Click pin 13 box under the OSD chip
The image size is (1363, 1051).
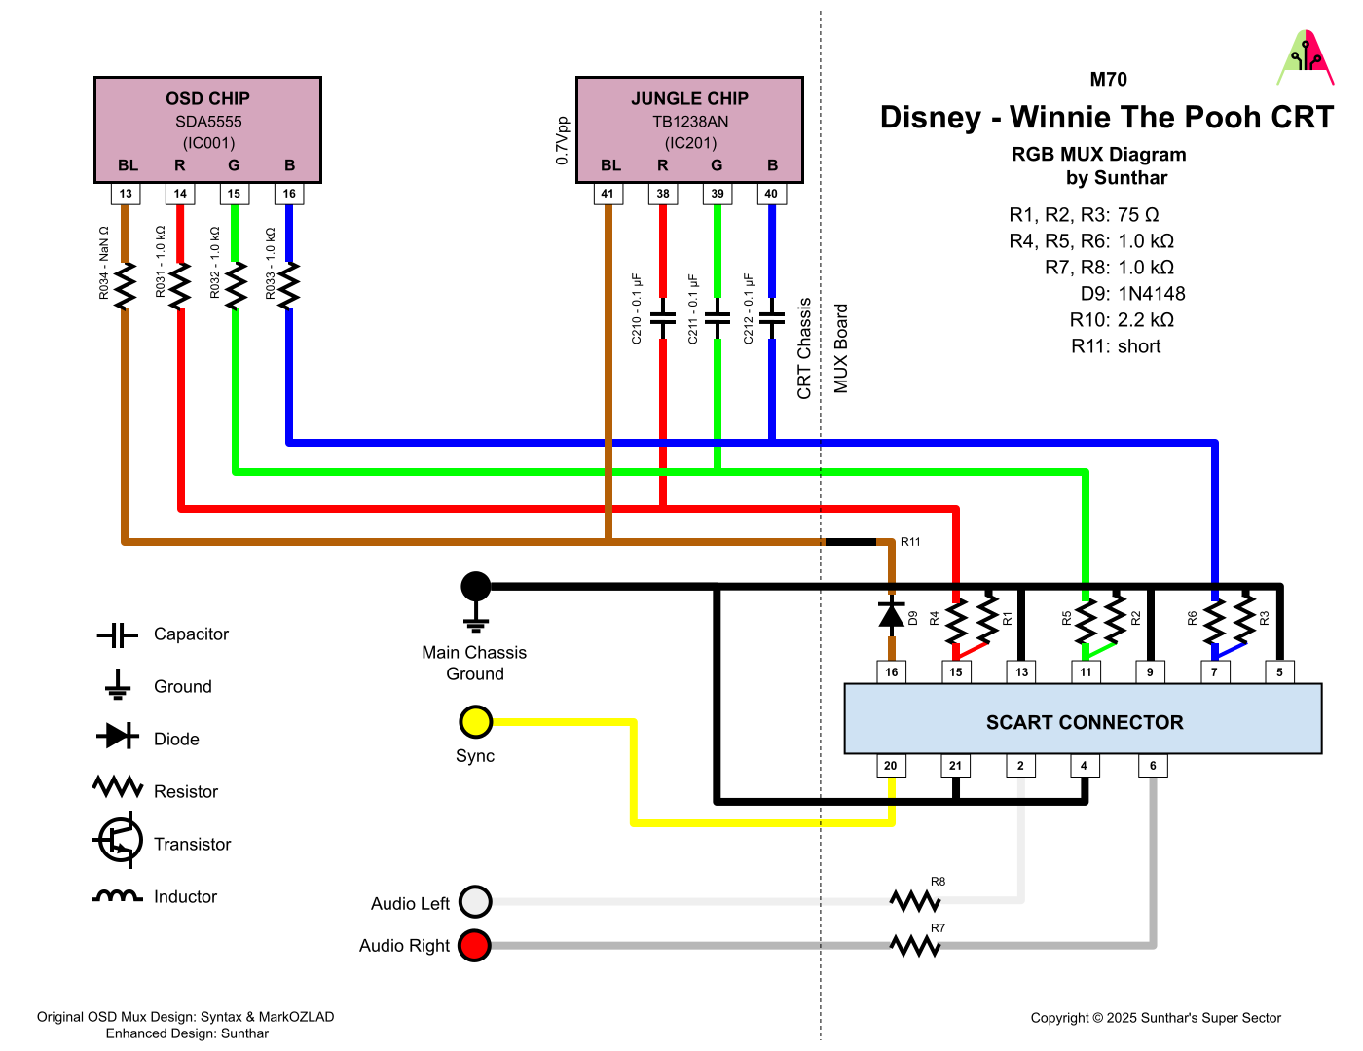point(126,194)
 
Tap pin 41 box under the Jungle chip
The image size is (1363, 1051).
point(608,194)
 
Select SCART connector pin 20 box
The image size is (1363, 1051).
point(891,766)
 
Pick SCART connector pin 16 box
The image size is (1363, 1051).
point(892,671)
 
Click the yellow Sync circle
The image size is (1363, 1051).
point(475,722)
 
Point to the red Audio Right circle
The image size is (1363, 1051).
point(475,945)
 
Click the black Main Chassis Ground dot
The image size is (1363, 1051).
point(475,586)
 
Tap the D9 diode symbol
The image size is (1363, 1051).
point(892,614)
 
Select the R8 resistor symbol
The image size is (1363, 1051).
point(914,901)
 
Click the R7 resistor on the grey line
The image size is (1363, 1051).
point(914,945)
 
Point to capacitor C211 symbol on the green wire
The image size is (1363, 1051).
point(718,318)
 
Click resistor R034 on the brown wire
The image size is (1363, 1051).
point(125,285)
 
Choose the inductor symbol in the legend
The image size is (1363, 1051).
point(117,896)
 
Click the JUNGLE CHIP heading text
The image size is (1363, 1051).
point(689,98)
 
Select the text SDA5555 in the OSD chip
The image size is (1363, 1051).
point(208,122)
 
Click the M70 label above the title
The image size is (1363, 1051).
point(1108,80)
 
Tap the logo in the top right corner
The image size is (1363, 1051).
point(1306,58)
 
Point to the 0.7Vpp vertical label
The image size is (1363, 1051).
point(562,141)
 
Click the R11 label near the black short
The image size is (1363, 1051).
point(910,542)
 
